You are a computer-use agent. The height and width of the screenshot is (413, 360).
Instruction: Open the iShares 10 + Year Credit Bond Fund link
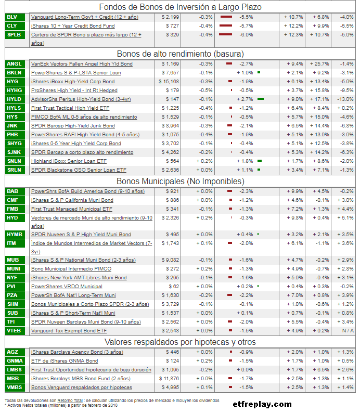(73, 26)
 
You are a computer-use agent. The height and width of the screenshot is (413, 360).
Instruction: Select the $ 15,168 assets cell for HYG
(169, 82)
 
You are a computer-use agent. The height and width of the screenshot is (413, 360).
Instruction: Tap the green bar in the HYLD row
(261, 99)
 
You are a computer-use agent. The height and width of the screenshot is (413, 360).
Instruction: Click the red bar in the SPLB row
(225, 35)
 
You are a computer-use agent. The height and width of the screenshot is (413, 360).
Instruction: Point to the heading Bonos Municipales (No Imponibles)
(179, 181)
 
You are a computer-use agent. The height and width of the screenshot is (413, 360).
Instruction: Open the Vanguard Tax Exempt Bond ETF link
(69, 331)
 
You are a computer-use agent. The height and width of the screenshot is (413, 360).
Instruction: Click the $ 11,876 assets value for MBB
(168, 379)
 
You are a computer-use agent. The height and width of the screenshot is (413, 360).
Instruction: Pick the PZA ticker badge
(12, 295)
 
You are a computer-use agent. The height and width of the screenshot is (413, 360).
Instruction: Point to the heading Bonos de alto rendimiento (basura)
(179, 54)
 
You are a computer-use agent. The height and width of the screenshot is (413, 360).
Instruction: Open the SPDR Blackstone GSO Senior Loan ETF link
(79, 170)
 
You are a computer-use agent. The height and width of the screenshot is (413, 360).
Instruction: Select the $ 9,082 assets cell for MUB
(169, 260)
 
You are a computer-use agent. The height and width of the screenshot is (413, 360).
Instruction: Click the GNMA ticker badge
(14, 361)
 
